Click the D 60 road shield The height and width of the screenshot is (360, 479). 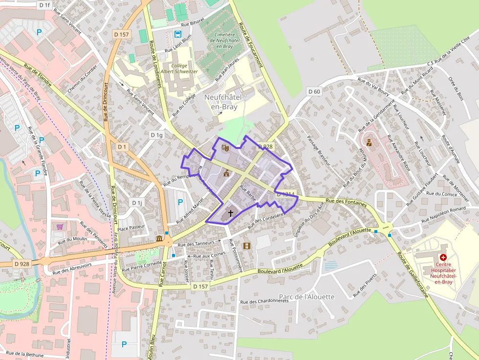point(314,91)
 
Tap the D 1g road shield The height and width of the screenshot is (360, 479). point(156,135)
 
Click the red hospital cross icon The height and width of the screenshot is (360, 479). point(443,257)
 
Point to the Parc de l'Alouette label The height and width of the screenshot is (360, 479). point(306,297)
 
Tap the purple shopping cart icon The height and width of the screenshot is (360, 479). point(60,226)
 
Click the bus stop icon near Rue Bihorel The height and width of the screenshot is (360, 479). point(177,34)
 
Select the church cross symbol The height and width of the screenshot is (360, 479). point(230,214)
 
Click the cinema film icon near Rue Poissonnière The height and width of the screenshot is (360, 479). point(246,246)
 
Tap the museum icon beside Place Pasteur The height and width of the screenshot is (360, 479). point(159,238)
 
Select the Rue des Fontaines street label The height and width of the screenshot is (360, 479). point(346,202)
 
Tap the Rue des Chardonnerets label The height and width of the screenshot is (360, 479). point(265,301)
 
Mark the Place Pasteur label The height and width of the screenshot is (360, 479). point(131,227)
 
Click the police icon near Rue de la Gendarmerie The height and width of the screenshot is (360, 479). point(369,143)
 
